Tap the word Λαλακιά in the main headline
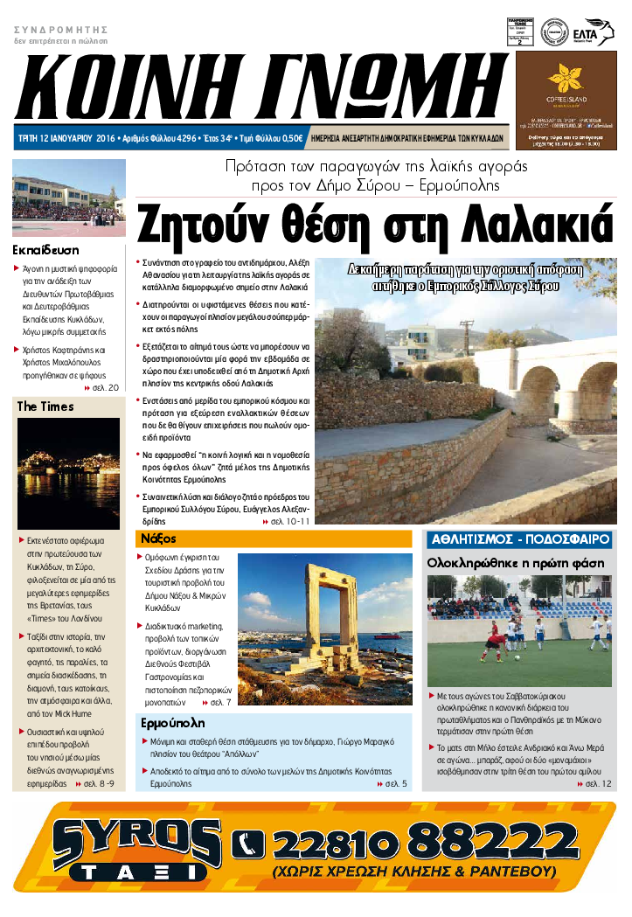click(529, 225)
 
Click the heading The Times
click(45, 406)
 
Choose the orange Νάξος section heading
click(158, 538)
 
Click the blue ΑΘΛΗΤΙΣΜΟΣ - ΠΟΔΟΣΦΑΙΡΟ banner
click(519, 539)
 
